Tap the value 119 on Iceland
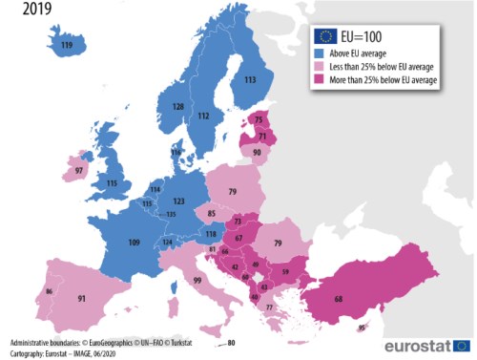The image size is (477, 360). click(x=66, y=45)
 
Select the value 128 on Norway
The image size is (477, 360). click(x=177, y=106)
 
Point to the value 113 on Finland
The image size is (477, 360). click(x=250, y=81)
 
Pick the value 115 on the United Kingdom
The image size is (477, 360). click(x=113, y=183)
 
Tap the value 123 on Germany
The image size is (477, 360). click(x=179, y=201)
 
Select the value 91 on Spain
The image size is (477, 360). click(x=82, y=299)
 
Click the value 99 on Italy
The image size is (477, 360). click(x=196, y=281)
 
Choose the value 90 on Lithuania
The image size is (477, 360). click(x=257, y=152)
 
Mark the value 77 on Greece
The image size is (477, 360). click(x=269, y=307)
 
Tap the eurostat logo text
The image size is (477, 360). click(x=418, y=345)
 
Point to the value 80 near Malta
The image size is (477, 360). click(x=230, y=342)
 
